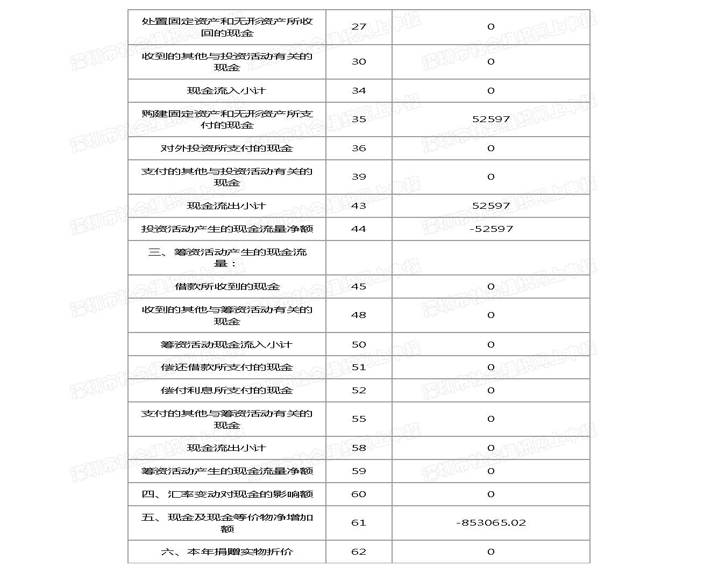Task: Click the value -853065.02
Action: tap(490, 522)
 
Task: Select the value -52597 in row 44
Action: tap(491, 229)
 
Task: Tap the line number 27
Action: tap(359, 26)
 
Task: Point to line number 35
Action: tap(359, 119)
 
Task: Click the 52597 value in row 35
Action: tap(491, 119)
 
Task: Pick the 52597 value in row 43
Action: tap(491, 206)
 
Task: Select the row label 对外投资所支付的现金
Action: tap(227, 148)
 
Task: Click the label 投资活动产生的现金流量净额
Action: tap(227, 229)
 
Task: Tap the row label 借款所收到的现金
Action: tap(227, 286)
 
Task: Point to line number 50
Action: tap(359, 344)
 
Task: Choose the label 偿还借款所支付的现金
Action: tap(227, 367)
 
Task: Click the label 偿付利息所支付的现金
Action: tap(227, 390)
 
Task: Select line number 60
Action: tap(359, 494)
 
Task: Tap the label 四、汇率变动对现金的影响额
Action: tap(227, 494)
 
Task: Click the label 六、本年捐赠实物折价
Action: tap(227, 551)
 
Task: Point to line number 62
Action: tap(359, 551)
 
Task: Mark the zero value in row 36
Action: tap(491, 148)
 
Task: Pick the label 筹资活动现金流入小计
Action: tap(227, 344)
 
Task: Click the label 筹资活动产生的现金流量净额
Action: tap(227, 471)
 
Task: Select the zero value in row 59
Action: tap(491, 471)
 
